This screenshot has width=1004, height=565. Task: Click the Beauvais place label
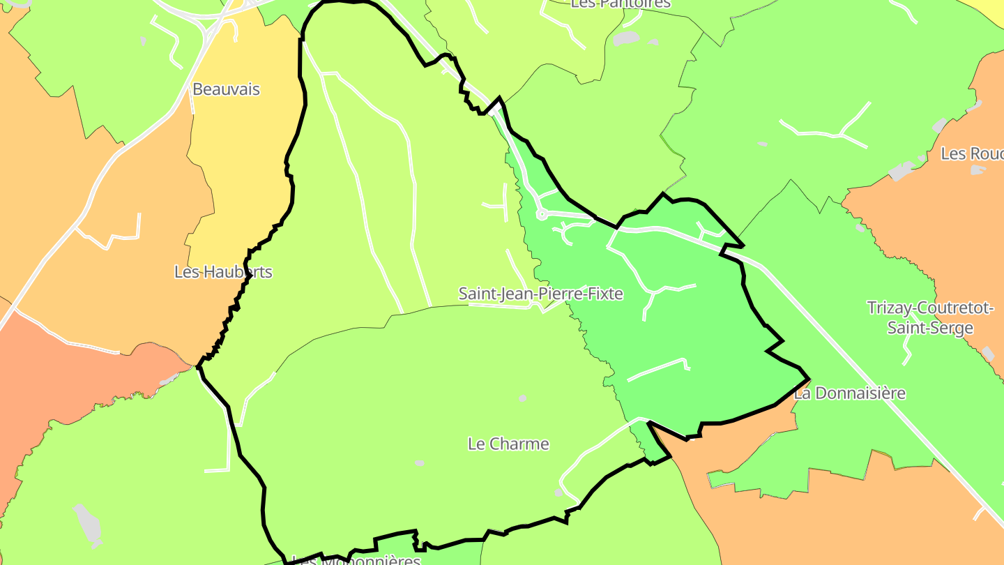tap(226, 89)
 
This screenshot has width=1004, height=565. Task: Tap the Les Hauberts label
tap(223, 272)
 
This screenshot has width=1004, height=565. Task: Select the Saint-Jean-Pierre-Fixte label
tap(540, 294)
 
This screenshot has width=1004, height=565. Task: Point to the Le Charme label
tap(508, 444)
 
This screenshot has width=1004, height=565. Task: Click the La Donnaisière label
tap(850, 393)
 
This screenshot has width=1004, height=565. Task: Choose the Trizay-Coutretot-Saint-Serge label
tap(930, 317)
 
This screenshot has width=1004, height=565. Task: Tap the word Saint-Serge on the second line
tap(930, 328)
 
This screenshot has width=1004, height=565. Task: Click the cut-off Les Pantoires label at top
tap(620, 3)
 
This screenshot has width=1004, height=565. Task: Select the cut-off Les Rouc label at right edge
tap(972, 153)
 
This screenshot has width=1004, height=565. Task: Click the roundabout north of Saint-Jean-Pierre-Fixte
tap(542, 215)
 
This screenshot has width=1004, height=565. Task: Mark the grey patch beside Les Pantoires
tap(627, 38)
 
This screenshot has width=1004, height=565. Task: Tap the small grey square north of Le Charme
tap(522, 398)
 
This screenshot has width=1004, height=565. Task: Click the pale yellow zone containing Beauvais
tap(244, 140)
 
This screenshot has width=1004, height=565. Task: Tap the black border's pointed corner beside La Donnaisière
tap(809, 380)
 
